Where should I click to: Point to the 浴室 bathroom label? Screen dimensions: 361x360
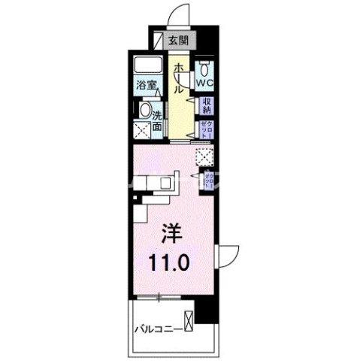coord(146,86)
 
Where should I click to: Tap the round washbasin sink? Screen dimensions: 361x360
coord(145,110)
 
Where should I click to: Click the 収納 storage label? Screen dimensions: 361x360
coord(206,106)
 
